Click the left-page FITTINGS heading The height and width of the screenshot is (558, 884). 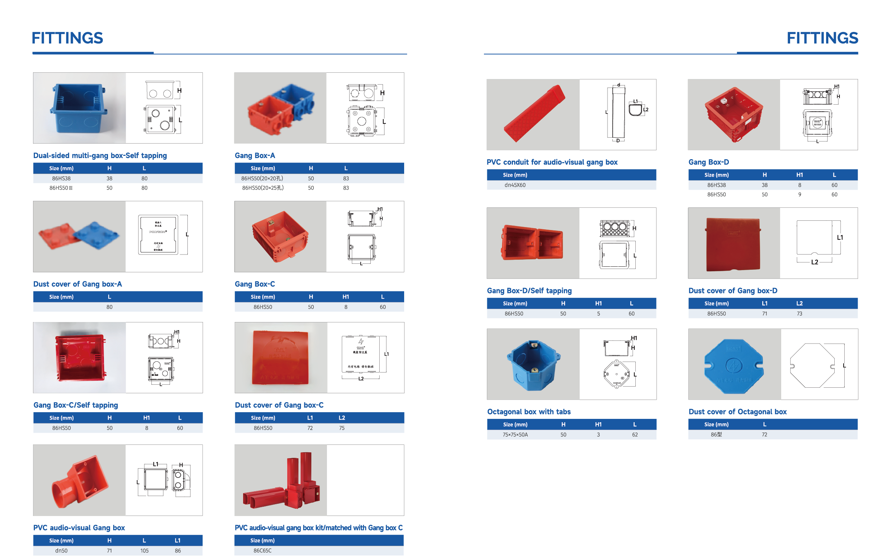pyautogui.click(x=67, y=38)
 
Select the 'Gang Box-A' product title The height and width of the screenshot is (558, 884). pyautogui.click(x=255, y=155)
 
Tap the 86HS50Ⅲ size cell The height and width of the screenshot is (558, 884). pyautogui.click(x=61, y=188)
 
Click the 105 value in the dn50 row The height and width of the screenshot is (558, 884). pyautogui.click(x=144, y=551)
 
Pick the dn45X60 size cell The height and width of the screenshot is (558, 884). pyautogui.click(x=515, y=185)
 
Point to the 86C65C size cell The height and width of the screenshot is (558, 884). pyautogui.click(x=262, y=551)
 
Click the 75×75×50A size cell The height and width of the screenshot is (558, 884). pyautogui.click(x=515, y=434)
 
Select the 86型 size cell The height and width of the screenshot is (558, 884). pyautogui.click(x=716, y=434)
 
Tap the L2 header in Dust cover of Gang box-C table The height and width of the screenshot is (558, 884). pyautogui.click(x=342, y=418)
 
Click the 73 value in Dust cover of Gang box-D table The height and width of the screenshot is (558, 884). pyautogui.click(x=799, y=314)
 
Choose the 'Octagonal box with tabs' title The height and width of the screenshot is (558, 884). pyautogui.click(x=529, y=412)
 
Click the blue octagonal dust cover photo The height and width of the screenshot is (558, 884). pyautogui.click(x=734, y=366)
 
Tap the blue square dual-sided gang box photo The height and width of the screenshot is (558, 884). pyautogui.click(x=79, y=108)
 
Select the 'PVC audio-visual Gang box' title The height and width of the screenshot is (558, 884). pyautogui.click(x=79, y=528)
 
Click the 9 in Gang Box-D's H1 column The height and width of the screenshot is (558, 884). pyautogui.click(x=799, y=194)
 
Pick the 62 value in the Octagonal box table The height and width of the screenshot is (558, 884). pyautogui.click(x=635, y=434)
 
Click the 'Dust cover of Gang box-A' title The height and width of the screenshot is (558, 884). pyautogui.click(x=78, y=284)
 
